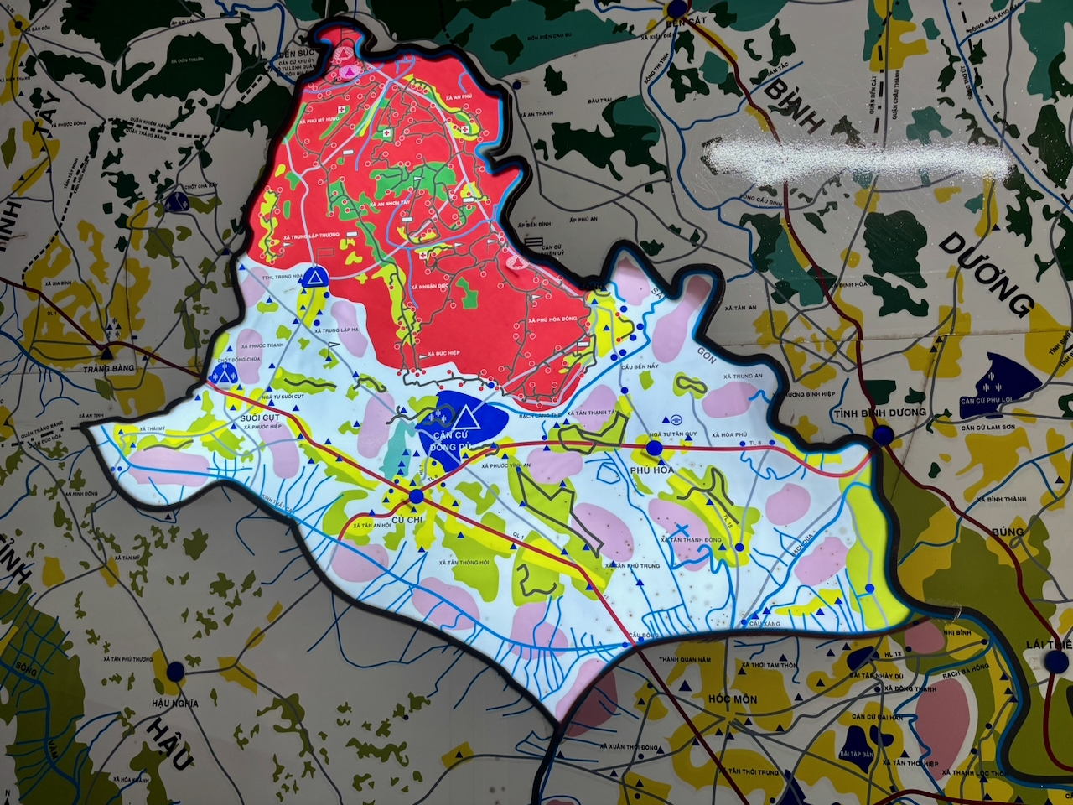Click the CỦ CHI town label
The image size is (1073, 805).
pos(407,520)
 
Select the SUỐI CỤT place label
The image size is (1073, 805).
pos(259,418)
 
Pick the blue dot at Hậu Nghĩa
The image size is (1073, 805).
pos(174,672)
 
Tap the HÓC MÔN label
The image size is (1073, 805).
pos(732,699)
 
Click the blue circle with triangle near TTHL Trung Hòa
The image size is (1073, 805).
pos(314,277)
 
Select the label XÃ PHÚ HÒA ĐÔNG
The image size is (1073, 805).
pos(552,320)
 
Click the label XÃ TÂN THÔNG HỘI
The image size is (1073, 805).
pos(464,562)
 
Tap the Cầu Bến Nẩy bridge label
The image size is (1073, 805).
pos(640,366)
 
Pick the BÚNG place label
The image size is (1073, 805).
pos(1007,532)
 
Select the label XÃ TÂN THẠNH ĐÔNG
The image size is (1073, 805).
pos(691,540)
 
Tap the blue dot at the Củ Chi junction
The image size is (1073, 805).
pos(417,496)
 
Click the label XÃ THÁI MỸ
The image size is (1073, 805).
pos(154,429)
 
